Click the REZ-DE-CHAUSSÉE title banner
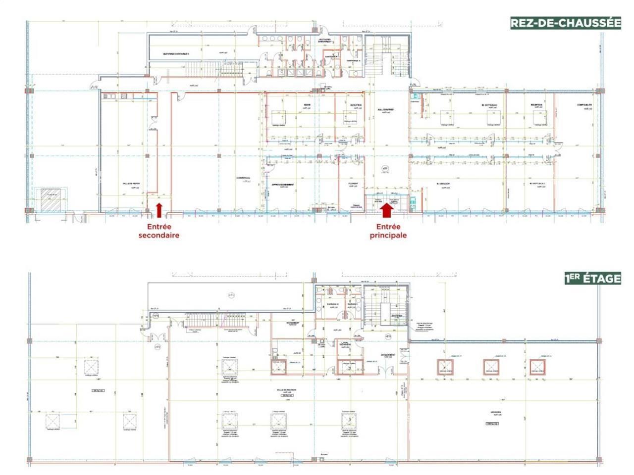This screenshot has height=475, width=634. [565, 23]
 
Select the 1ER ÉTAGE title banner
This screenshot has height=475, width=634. [592, 278]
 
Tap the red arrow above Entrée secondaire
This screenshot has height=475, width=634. [159, 210]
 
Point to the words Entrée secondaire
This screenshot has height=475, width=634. [158, 231]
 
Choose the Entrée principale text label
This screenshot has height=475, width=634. [388, 231]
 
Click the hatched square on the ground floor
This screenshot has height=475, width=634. [50, 200]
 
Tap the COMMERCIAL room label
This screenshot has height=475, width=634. [243, 178]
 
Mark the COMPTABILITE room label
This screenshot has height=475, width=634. [584, 105]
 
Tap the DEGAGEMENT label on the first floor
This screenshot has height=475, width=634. [387, 355]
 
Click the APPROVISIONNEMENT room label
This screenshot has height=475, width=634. [284, 185]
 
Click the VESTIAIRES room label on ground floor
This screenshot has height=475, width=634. [176, 53]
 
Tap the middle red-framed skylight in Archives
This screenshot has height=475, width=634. [491, 366]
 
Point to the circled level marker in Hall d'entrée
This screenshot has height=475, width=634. [384, 169]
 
